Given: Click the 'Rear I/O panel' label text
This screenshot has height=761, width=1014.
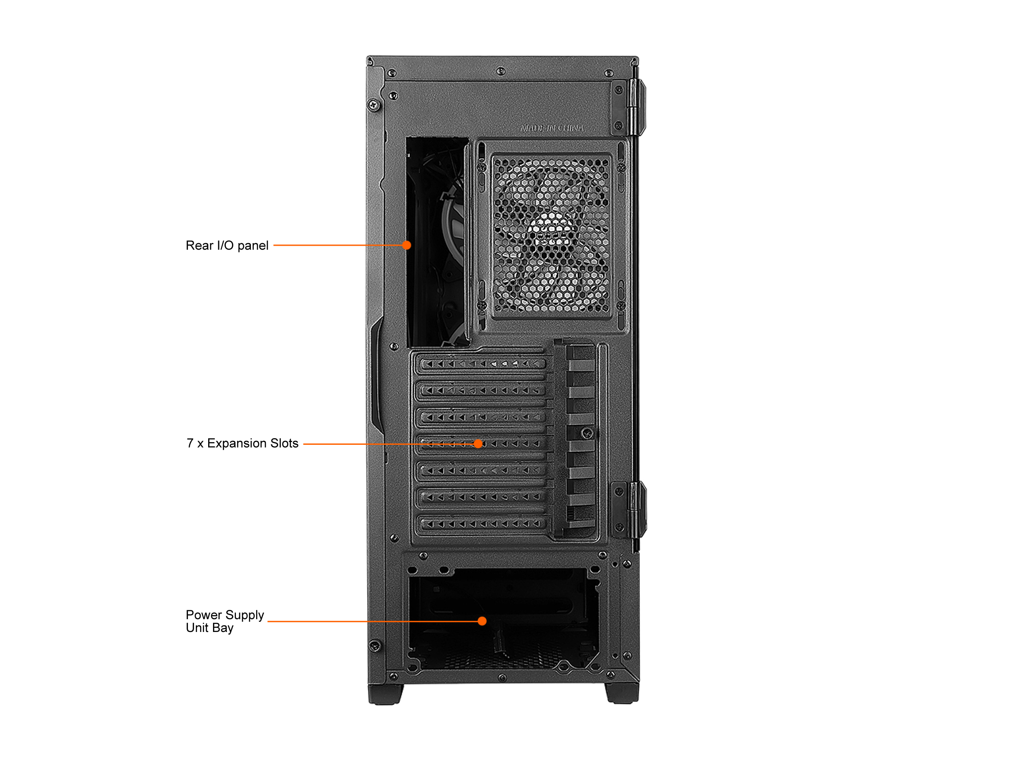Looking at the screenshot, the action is click(x=227, y=246).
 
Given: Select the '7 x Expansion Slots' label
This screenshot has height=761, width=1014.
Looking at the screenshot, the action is click(x=242, y=443).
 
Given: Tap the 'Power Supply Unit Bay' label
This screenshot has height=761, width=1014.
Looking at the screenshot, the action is click(x=224, y=621).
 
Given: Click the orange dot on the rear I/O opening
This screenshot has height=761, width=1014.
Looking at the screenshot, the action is click(x=407, y=245).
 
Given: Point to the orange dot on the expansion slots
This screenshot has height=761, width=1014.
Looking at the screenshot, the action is click(x=478, y=444).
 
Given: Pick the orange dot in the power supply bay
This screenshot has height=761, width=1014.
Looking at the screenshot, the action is click(x=482, y=621).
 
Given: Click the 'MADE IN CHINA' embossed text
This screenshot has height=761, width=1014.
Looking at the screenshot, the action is click(x=552, y=129).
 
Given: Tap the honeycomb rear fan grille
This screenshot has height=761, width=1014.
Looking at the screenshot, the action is click(x=552, y=236).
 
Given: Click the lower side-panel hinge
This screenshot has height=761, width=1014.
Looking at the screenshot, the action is click(x=638, y=509).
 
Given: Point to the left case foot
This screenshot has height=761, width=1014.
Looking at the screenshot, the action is click(x=386, y=694).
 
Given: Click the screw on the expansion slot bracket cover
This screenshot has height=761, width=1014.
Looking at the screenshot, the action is click(x=587, y=433).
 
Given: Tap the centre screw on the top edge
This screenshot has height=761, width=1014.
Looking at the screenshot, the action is click(x=501, y=71).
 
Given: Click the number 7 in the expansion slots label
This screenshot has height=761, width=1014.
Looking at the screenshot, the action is click(x=190, y=443).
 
